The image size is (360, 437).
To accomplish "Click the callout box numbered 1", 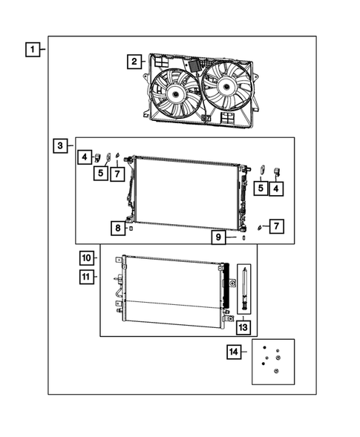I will click(x=32, y=50).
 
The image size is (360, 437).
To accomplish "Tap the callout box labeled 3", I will click(x=61, y=145).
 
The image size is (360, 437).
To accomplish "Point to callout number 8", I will click(x=118, y=228).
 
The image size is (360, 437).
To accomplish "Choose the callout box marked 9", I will click(x=220, y=237).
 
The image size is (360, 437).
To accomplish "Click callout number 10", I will click(x=87, y=258).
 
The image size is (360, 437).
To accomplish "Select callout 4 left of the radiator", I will click(x=86, y=157).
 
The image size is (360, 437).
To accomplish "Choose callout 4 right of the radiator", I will click(x=277, y=188).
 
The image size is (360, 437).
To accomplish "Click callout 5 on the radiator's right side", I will click(x=261, y=188).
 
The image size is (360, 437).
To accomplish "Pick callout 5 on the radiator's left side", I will click(x=100, y=173).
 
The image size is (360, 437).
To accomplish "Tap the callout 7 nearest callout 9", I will click(x=275, y=225).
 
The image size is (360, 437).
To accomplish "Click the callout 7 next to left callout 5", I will click(x=117, y=174).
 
